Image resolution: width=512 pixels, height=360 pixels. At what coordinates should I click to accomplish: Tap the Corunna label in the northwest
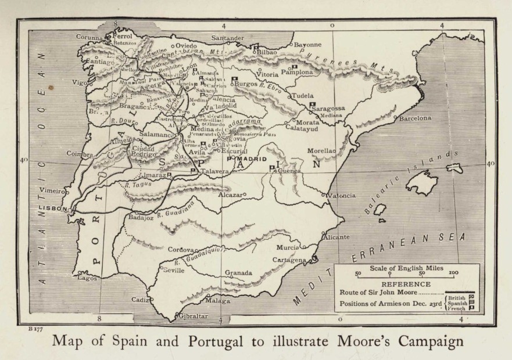pos(89,37)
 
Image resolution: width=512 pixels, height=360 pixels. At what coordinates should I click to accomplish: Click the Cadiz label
pos(140,300)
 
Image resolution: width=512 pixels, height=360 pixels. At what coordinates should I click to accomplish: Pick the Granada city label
pos(238,273)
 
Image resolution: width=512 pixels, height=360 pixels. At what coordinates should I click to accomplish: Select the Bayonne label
pos(308,44)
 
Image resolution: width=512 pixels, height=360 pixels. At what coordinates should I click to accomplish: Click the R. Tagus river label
pos(135,185)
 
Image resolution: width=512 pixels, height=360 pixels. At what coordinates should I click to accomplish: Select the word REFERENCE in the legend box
pos(406,285)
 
